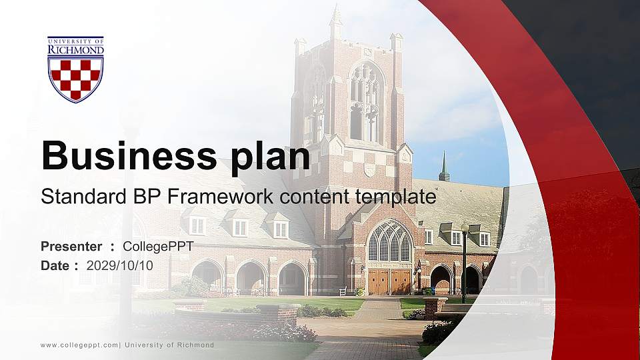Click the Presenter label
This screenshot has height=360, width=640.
71,247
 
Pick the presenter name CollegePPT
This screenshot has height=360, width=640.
158,247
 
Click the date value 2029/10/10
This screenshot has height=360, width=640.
120,265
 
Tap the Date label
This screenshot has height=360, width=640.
55,265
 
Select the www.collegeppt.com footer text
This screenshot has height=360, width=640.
79,345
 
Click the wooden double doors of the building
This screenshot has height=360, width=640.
390,281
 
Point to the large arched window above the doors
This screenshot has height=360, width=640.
390,241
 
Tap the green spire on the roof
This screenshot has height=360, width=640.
444,167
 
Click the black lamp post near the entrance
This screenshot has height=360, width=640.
464,263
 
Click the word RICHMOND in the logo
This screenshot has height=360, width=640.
75,49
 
